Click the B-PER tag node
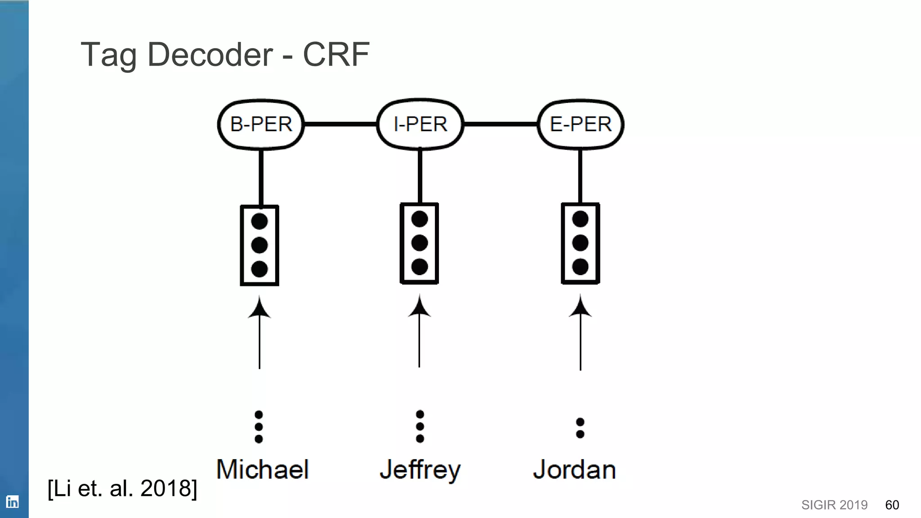(x=261, y=125)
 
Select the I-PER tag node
(x=420, y=125)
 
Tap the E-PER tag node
(x=581, y=125)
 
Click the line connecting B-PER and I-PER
(x=340, y=124)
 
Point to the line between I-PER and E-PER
(x=501, y=124)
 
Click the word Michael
(x=263, y=469)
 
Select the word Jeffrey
(x=420, y=470)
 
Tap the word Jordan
(x=574, y=470)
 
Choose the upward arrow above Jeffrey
(x=420, y=330)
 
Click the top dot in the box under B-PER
(x=259, y=221)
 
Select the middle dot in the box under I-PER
(x=420, y=243)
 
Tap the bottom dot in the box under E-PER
(x=580, y=267)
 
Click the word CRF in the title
(x=336, y=54)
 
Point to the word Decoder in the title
(x=210, y=54)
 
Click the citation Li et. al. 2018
(x=122, y=488)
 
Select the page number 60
(x=892, y=505)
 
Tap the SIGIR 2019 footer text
(x=834, y=505)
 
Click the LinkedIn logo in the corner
(x=13, y=502)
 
